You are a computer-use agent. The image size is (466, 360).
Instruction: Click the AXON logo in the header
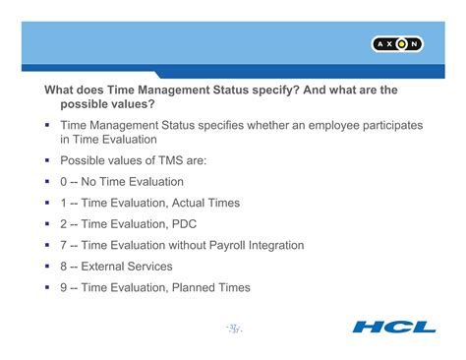[x=397, y=44]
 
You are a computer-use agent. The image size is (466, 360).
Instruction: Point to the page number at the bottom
[x=234, y=327]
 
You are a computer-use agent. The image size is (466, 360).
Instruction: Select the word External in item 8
[x=104, y=266]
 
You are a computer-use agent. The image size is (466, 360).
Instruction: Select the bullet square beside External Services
[x=46, y=266]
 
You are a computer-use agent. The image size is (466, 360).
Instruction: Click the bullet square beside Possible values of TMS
[x=46, y=159]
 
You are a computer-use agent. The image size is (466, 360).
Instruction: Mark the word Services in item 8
[x=150, y=266]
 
